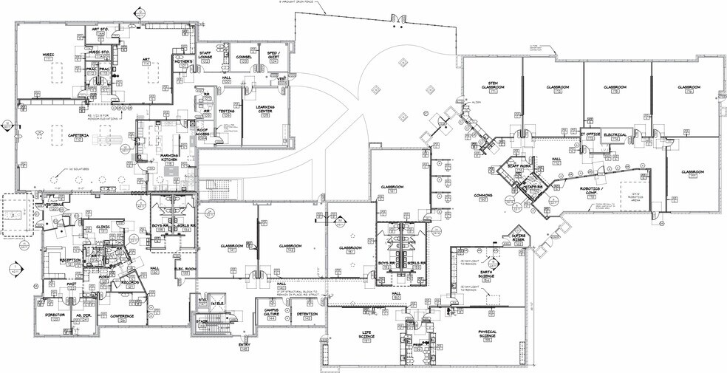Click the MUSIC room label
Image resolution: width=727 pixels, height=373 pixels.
click(48, 54)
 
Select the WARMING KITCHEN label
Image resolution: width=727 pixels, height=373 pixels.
click(171, 156)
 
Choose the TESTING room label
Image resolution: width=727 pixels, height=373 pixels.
click(226, 111)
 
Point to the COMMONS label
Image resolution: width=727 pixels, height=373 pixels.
click(482, 196)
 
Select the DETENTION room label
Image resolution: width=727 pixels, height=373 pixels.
click(307, 314)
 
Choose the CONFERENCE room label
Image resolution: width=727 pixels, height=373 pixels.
click(112, 315)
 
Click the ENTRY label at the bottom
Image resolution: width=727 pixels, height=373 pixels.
click(244, 344)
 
